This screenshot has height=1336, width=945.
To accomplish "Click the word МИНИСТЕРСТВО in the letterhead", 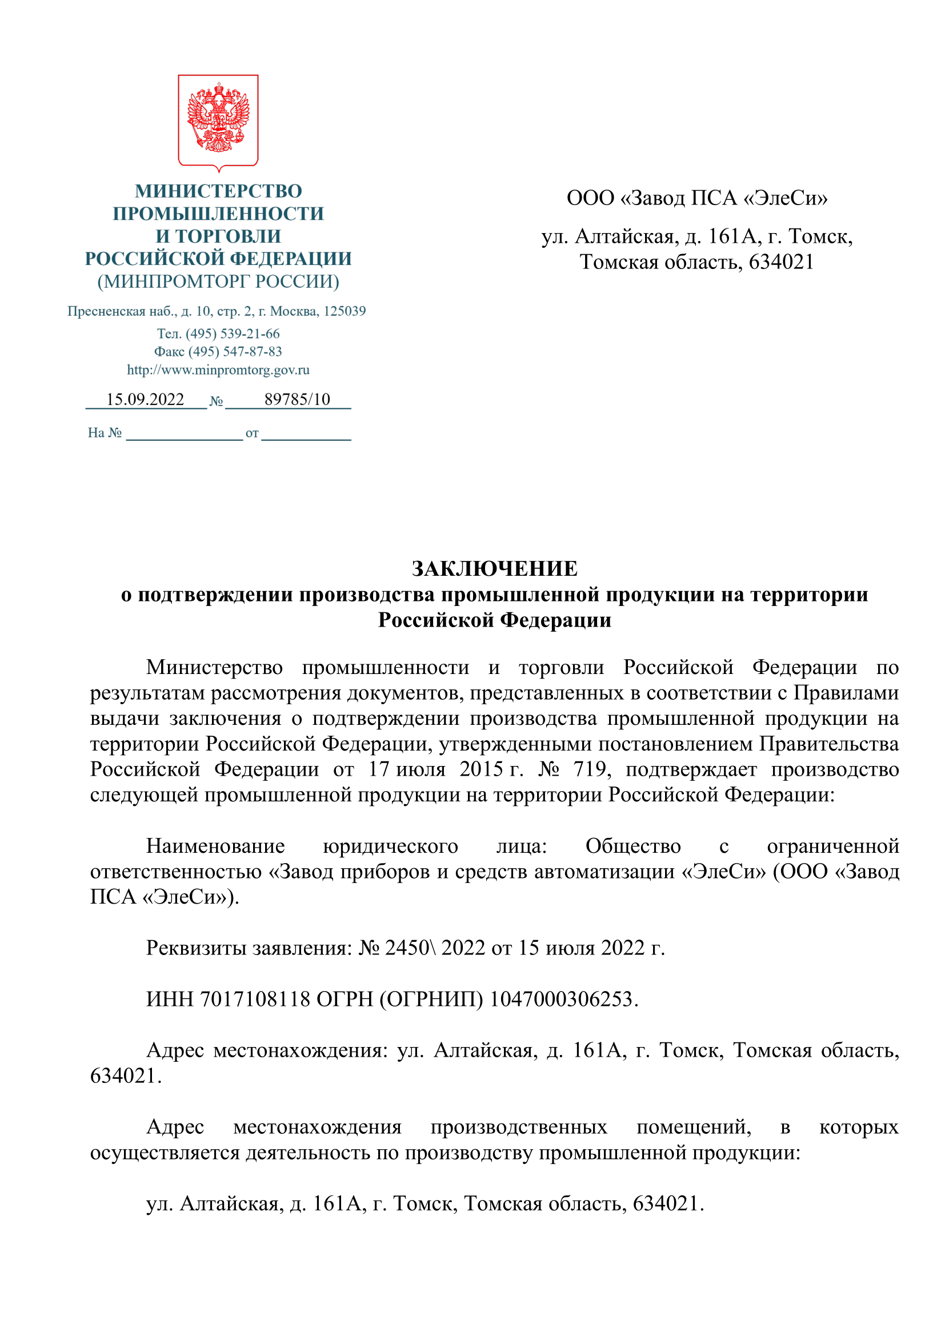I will pos(218,191).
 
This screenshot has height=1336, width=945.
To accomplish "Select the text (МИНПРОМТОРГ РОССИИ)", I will pos(218,282).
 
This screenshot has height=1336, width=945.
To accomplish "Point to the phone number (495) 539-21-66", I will pos(233,334).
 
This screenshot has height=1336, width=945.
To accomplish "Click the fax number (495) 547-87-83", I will pos(235,351).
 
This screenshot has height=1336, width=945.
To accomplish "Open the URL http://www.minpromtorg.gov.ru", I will pos(218,370).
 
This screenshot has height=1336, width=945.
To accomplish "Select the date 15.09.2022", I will pos(145,399).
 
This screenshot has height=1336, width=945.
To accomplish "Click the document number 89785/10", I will pos(297,399).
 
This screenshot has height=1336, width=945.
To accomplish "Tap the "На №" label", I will pos(105,432).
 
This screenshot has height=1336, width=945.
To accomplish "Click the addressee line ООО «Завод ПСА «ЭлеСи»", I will pos(696,198).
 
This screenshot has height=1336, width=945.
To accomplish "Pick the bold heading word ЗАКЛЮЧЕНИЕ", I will pos(495,568).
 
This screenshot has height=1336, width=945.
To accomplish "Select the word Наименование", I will pos(215,845).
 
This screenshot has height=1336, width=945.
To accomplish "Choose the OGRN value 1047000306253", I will pos(561,999).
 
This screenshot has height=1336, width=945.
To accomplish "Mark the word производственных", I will pos(518,1127).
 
